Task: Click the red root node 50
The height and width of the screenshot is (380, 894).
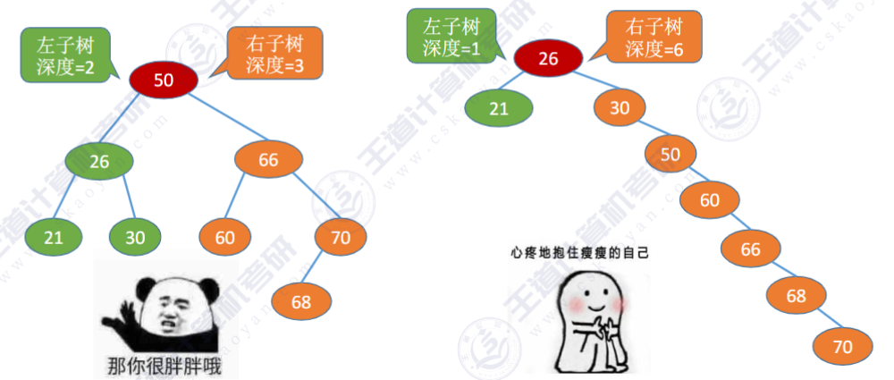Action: [x=164, y=80]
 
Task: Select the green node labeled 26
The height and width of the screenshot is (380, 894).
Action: [x=99, y=162]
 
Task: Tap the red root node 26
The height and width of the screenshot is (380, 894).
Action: [x=548, y=59]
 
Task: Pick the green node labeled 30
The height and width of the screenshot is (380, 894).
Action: [x=135, y=237]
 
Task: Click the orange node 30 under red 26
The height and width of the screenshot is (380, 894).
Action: [x=620, y=108]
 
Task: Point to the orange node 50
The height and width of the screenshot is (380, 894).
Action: [x=670, y=154]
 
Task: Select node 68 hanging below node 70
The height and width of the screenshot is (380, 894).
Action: [x=301, y=301]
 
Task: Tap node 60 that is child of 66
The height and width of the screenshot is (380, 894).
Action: [x=224, y=237]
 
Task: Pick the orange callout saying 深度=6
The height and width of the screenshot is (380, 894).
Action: [x=654, y=38]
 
